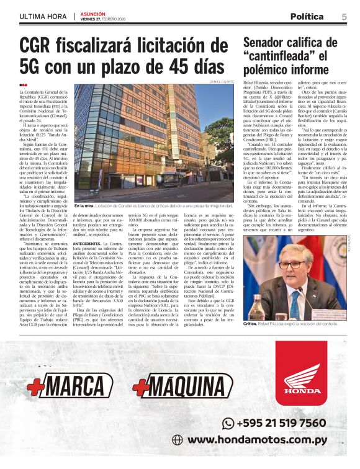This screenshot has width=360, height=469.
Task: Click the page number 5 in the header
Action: click(x=344, y=16)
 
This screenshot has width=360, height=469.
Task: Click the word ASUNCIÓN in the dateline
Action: click(x=93, y=13)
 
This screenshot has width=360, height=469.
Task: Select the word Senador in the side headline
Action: click(x=269, y=43)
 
